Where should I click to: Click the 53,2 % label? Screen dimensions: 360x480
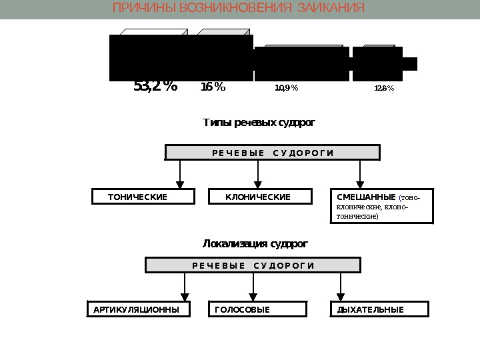pos(155,87)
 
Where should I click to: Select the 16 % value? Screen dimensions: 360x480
pos(213,87)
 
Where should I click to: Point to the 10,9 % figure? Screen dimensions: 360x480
pos(287,88)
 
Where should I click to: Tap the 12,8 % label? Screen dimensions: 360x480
pos(384,88)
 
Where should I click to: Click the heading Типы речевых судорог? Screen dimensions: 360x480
pos(258,123)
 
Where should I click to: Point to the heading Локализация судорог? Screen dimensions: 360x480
pos(255,244)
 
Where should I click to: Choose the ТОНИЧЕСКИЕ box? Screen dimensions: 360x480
pos(143,197)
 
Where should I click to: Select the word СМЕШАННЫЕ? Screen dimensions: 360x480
pos(366,197)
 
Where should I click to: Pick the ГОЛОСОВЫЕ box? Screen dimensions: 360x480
pos(259,310)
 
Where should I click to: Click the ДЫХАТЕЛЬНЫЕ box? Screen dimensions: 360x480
pos(379,310)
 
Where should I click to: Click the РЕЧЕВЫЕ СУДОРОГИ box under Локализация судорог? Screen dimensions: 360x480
pos(253,266)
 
